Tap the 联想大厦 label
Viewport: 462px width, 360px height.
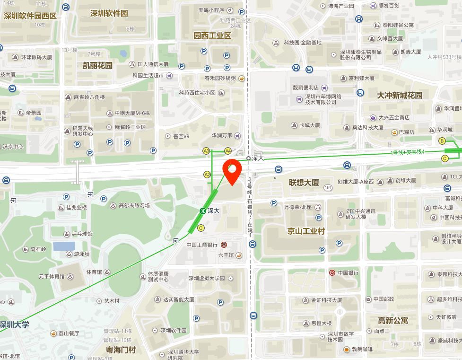pos(304,183)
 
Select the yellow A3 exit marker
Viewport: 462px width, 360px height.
pos(206,151)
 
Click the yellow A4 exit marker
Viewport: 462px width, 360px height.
pos(228,151)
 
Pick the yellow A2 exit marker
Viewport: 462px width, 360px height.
pos(207,174)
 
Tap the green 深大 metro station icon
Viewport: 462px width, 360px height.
pos(202,211)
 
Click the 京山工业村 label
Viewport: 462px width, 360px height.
pos(306,231)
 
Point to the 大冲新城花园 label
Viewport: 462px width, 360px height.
pos(400,95)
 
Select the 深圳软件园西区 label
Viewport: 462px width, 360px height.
pos(30,16)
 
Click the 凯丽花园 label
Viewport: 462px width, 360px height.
pos(97,65)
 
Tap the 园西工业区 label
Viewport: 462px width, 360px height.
pos(212,35)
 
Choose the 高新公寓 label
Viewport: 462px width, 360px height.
pos(393,320)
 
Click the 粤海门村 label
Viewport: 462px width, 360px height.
pos(121,350)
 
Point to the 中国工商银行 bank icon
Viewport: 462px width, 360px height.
pos(224,245)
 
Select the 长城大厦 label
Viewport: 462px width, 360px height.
pos(310,125)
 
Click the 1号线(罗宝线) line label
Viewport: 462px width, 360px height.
pos(408,152)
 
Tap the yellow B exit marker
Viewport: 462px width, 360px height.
pos(443,141)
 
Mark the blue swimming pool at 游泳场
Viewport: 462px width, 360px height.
pos(64,246)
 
